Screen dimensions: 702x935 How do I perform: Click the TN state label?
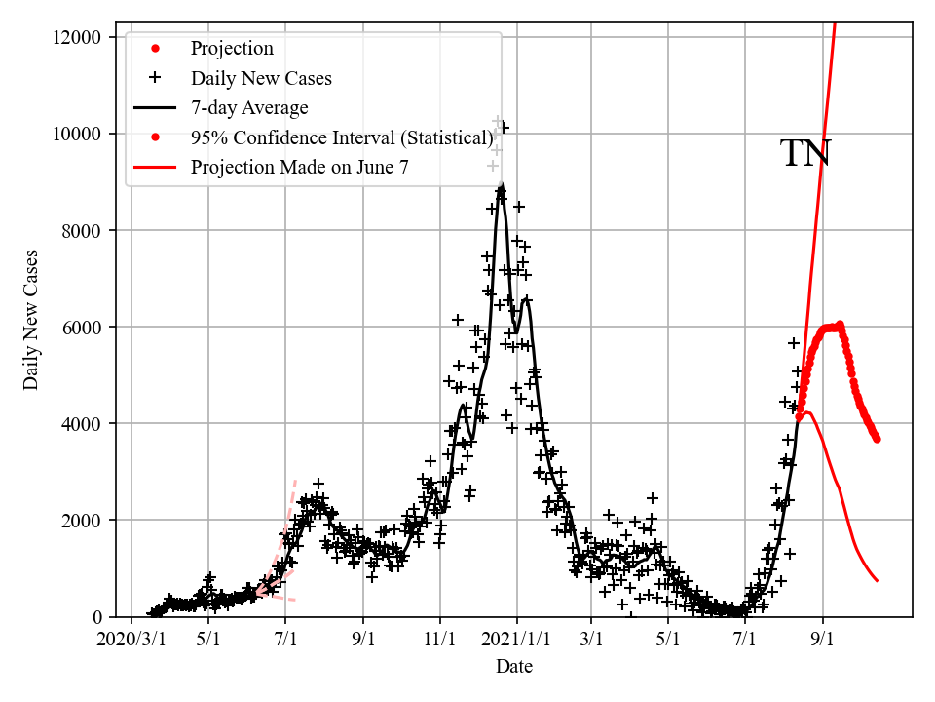point(805,154)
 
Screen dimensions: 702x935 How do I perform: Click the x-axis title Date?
point(513,667)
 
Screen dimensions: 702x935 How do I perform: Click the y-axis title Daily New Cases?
point(31,321)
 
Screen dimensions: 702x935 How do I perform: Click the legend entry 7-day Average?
point(249,107)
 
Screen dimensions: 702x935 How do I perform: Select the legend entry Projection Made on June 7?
point(299,167)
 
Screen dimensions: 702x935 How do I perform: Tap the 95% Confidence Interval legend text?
point(342,137)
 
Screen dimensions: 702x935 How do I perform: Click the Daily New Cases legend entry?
point(261,78)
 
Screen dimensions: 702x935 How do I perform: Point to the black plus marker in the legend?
point(154,78)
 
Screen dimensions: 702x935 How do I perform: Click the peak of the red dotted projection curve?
point(840,325)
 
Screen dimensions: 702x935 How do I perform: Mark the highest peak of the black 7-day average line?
point(501,188)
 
